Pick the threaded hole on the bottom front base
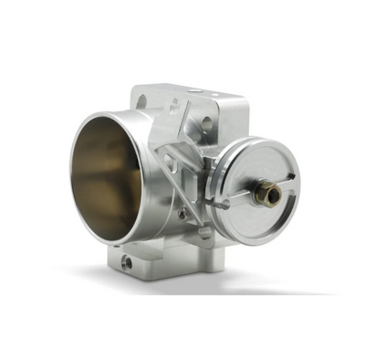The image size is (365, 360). (127, 261)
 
